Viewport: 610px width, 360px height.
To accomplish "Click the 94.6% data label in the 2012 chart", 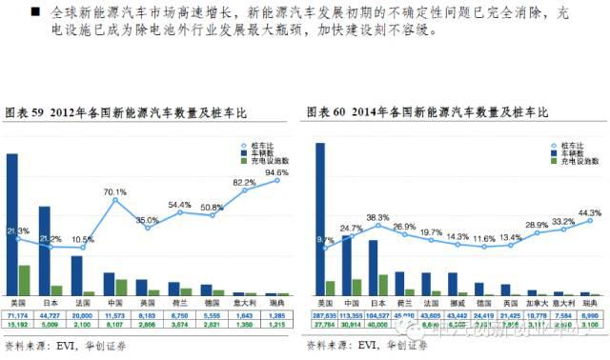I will click(278, 172).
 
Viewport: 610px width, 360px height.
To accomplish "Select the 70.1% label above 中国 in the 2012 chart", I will click(115, 191).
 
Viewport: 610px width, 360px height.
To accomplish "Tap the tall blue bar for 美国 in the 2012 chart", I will click(11, 223).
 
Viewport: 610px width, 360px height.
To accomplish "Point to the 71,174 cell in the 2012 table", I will click(18, 313).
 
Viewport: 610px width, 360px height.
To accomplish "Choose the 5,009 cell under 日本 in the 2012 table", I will click(51, 324).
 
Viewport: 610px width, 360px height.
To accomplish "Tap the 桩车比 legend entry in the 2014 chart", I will click(558, 144).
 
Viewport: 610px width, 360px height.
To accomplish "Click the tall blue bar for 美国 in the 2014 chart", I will click(319, 218).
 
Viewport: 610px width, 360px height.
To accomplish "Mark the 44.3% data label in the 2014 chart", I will click(590, 212).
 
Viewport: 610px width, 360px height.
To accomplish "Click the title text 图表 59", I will click(25, 112).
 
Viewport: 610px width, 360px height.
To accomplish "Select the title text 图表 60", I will click(328, 112).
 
